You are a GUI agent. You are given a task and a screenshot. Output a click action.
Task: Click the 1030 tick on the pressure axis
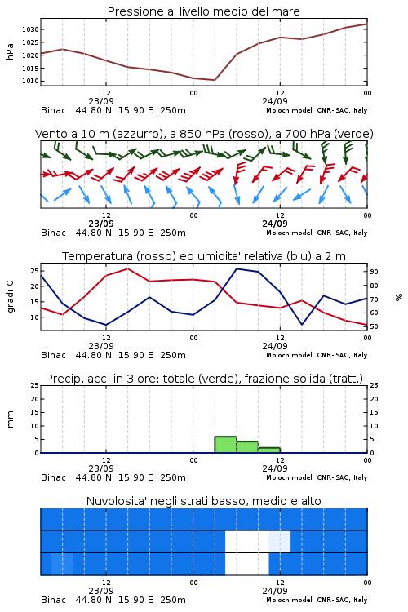30,29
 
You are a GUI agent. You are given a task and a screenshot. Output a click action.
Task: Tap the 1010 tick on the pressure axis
30,81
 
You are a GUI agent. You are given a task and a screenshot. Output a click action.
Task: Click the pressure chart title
204,11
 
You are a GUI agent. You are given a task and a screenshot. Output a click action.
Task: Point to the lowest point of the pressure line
215,80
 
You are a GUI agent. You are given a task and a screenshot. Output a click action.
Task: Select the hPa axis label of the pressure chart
10,51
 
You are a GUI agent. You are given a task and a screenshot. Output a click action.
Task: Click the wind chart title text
204,134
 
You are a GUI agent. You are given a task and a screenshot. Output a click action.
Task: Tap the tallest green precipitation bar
226,445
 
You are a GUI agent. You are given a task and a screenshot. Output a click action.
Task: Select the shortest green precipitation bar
269,450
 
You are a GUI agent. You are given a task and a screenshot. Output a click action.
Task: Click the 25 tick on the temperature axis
34,271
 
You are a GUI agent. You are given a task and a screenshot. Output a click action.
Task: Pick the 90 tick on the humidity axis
374,272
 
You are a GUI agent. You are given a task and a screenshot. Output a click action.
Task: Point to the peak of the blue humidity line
237,268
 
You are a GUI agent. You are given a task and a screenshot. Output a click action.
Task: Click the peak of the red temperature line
127,268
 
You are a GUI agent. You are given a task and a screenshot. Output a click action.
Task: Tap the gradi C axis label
10,297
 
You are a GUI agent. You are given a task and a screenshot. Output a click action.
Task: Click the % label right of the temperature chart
399,297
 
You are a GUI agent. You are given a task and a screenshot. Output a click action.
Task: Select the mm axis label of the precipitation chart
10,419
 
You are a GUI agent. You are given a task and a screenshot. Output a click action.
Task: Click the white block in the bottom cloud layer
247,564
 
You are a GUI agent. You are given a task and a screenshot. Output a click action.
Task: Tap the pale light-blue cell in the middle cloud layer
280,541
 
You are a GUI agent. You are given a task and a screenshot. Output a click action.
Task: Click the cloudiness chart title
203,501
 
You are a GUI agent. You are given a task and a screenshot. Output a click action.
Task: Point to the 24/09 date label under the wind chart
275,224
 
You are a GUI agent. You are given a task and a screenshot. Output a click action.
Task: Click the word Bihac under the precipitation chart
54,477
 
